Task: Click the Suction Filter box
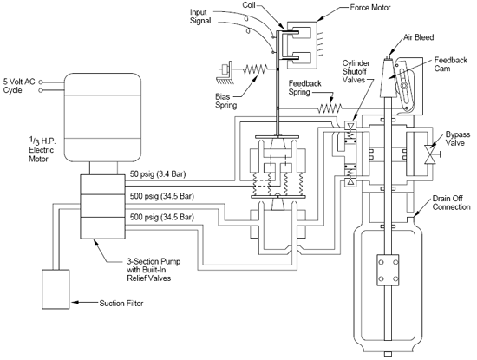56,289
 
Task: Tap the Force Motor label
370,7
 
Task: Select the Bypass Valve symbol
430,154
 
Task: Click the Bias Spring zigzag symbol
255,69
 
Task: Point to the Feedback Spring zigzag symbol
330,108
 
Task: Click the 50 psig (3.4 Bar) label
158,174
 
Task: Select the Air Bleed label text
418,37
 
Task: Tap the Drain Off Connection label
452,203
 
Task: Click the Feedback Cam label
450,64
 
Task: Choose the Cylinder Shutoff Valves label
356,71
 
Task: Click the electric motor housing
102,117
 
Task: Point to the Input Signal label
200,16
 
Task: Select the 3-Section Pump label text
154,270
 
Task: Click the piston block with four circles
388,270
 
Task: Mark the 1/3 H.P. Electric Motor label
42,150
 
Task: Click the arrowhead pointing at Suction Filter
75,303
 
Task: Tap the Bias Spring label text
226,101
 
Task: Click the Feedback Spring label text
304,88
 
